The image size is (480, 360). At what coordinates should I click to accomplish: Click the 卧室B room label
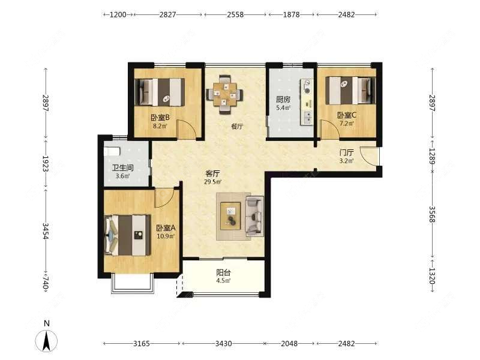point(160,118)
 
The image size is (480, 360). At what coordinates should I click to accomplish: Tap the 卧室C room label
point(347,115)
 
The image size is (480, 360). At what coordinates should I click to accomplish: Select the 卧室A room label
point(166,228)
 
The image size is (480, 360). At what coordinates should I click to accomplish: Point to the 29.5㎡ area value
point(213,182)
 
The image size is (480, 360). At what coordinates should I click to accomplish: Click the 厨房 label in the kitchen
point(283,100)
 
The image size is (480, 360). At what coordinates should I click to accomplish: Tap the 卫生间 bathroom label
point(122,168)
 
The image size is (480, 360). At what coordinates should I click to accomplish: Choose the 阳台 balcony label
point(223,272)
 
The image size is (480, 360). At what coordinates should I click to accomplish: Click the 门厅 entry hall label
point(347,152)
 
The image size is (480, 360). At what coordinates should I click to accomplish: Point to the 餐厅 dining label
point(237,126)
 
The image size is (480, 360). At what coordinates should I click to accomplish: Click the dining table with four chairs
point(225,94)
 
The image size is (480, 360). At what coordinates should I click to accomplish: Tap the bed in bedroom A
point(128,235)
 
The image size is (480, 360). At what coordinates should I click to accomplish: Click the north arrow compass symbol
point(47,340)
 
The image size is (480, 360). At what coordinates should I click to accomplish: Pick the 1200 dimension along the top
point(118,14)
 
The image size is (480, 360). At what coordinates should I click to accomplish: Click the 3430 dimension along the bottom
point(223,343)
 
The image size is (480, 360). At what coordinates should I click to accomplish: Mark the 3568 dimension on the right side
point(431,214)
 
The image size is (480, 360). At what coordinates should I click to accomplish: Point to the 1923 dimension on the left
point(46,164)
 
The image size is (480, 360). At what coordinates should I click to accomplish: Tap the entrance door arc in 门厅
point(370,156)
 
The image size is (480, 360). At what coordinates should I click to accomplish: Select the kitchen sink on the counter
point(307,118)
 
